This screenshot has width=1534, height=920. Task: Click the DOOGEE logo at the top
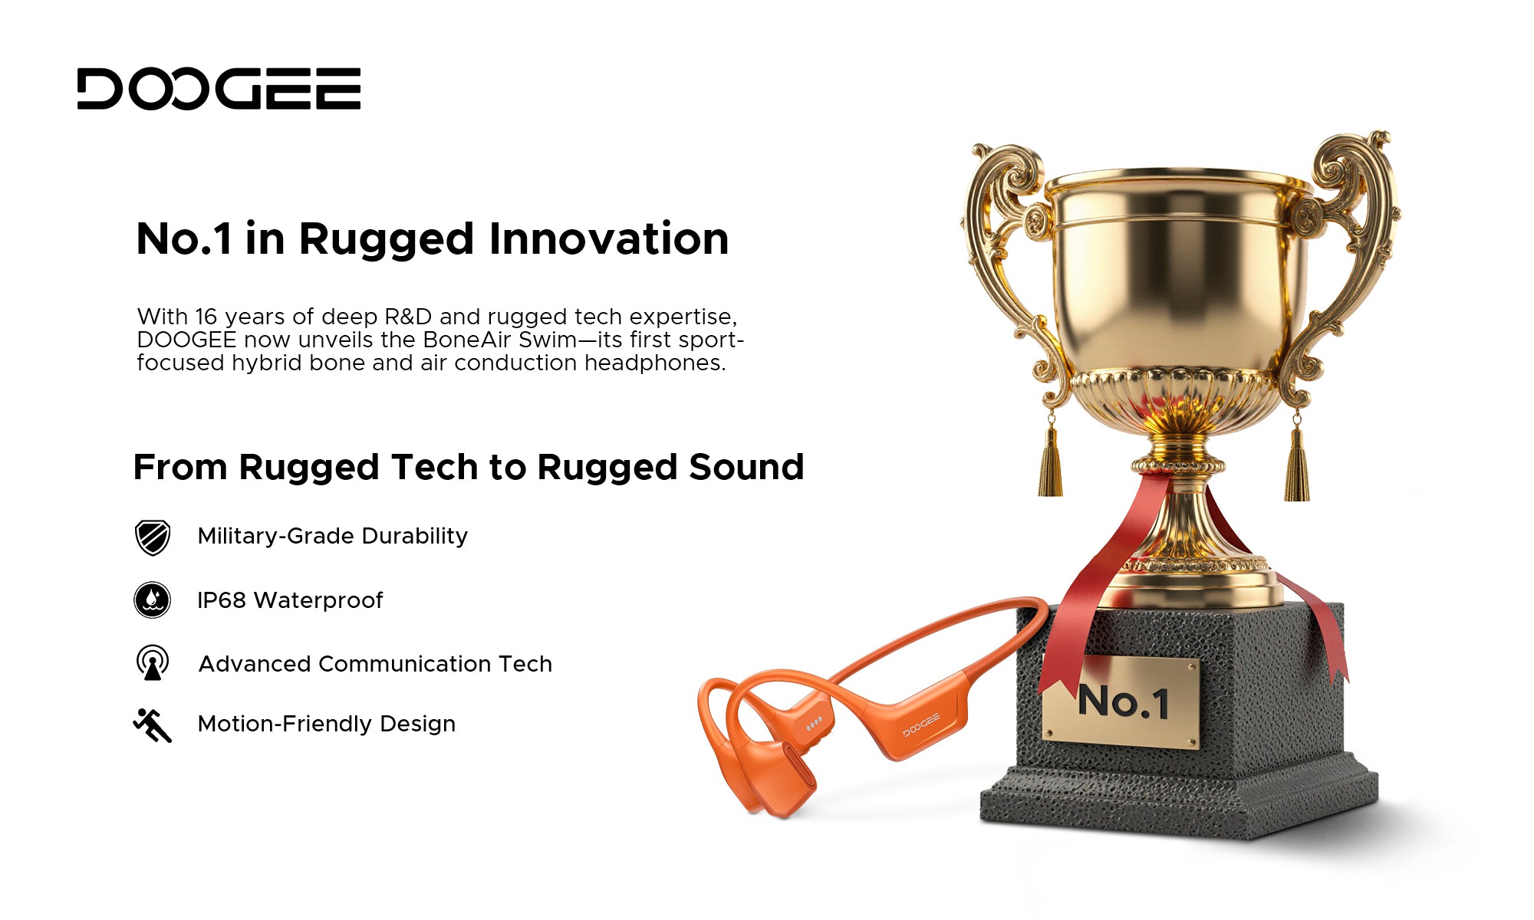point(219,88)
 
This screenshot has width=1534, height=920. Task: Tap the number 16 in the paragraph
point(206,317)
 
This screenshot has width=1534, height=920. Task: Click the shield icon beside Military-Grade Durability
point(153,537)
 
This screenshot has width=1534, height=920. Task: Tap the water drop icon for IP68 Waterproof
point(153,600)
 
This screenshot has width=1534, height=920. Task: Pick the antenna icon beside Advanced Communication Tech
point(153,662)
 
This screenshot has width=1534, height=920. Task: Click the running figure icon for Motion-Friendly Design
point(153,724)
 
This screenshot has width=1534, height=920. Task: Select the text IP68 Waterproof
point(290,600)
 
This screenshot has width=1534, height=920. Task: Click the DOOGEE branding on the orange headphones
point(921,725)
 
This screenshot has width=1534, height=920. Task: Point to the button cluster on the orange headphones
point(814,722)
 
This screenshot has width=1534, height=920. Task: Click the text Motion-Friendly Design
point(327,724)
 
